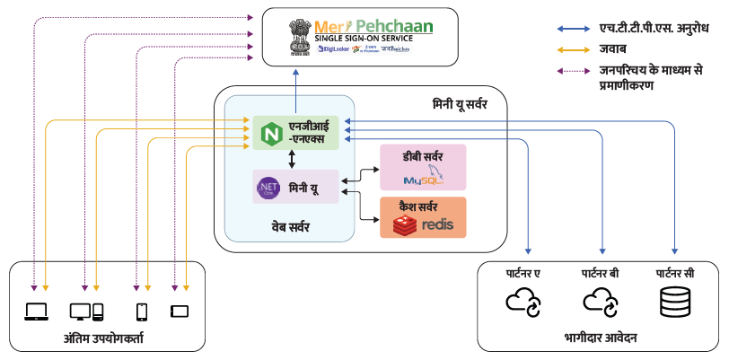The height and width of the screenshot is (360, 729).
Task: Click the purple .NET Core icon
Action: [x=268, y=188]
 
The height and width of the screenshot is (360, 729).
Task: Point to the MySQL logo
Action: [x=423, y=177]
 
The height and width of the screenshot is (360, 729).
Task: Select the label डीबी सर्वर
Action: [x=423, y=155]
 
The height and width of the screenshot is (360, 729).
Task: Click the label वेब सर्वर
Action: [x=290, y=227]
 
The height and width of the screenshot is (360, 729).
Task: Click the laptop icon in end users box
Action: [x=36, y=312]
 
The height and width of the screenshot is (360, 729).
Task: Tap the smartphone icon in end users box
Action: [x=141, y=312]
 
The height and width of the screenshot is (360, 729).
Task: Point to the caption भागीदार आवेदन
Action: [x=601, y=338]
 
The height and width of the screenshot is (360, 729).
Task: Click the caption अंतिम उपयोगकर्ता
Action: [x=105, y=338]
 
